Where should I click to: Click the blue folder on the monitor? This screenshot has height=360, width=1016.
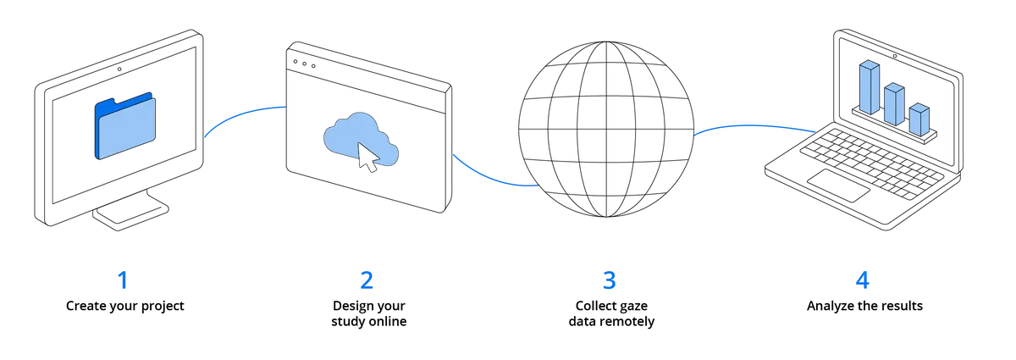pos(125,125)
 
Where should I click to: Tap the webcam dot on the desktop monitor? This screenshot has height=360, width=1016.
pos(119,69)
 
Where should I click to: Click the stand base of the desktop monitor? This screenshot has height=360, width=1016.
pos(130,213)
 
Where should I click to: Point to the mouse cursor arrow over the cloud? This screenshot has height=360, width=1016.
pos(368,158)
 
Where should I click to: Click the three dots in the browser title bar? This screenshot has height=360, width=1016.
pos(304,64)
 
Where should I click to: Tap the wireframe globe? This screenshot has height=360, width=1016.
pos(606,130)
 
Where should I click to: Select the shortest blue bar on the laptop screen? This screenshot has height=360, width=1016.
pos(919,119)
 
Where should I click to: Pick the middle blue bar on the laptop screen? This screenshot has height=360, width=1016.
pos(894,104)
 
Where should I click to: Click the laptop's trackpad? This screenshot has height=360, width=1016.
pos(839,186)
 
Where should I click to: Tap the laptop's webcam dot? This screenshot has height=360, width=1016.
pos(895,56)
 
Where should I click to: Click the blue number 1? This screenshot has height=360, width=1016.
pos(123,280)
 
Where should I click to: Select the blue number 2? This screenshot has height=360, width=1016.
pos(367,280)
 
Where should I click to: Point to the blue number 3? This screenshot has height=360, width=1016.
pos(609,280)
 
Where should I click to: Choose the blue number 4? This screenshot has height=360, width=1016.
pos(862,280)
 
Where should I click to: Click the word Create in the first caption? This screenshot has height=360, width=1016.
pos(86,306)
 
